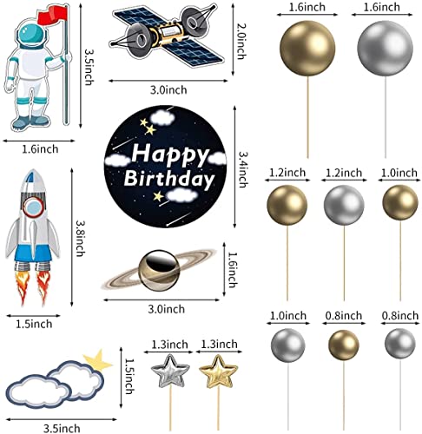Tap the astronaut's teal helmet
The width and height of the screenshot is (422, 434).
32,36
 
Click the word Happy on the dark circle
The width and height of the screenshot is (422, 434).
170,155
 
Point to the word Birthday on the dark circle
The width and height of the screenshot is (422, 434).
169,179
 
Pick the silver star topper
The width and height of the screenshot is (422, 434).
170,372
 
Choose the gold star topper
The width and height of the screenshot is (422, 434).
219,372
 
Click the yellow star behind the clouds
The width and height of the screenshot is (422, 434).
98,360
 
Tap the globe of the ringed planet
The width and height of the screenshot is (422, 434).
159,271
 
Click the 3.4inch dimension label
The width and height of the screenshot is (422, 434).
242,169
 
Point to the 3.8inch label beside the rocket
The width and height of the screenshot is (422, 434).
80,238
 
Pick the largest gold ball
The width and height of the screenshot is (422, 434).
307,48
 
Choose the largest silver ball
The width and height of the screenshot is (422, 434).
385,48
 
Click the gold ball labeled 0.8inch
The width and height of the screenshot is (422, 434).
344,345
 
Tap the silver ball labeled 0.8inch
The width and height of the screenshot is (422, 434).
400,344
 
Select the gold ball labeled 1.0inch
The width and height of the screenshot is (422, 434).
400,202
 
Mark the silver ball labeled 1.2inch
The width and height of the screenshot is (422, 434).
344,205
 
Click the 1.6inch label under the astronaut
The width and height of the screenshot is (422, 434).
40,149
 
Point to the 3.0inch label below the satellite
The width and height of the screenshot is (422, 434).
168,90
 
